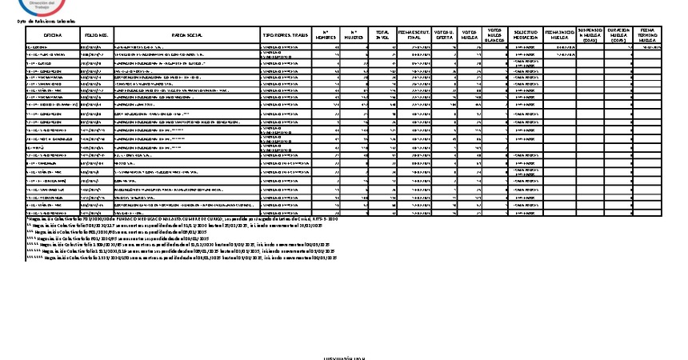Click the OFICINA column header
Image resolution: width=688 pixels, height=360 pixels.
click(x=53, y=36)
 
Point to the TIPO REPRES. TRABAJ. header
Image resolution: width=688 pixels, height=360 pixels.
click(x=286, y=36)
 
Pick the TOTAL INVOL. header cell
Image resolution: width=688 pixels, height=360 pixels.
click(x=382, y=36)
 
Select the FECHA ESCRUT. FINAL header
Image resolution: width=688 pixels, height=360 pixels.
click(x=414, y=36)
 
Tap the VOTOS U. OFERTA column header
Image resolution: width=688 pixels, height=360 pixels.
click(x=445, y=36)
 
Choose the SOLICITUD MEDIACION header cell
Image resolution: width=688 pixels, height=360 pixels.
click(x=526, y=36)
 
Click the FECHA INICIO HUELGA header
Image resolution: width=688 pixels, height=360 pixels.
click(x=559, y=36)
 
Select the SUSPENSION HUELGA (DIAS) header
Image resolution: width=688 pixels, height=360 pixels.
click(x=590, y=36)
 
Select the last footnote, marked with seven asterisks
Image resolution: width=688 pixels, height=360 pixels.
click(x=184, y=258)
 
